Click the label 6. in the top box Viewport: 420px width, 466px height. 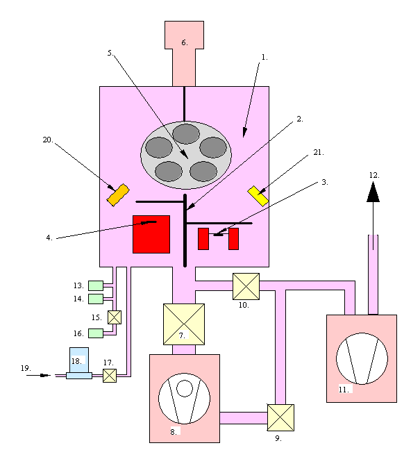pos(184,42)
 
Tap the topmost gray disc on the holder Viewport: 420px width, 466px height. pos(186,133)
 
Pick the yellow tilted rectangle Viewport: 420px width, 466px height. pos(258,195)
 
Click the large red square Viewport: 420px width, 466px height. pos(151,234)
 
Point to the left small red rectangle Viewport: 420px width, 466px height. pos(203,238)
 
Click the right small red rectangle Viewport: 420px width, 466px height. pos(233,238)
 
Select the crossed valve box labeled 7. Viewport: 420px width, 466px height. pos(184,324)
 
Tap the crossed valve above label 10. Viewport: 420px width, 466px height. pos(246,285)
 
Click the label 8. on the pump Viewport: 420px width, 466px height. pos(174,431)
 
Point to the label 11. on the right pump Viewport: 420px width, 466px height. pos(343,390)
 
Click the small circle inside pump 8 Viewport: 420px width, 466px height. pos(184,388)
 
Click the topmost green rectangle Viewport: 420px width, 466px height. pos(96,285)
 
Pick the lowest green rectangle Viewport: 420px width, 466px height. pos(96,333)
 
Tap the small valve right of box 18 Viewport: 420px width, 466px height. pos(109,376)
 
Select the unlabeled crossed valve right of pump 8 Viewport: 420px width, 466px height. pos(280,417)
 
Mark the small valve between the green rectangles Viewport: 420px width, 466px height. pos(115,317)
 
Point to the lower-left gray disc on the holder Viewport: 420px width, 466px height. pos(169,170)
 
